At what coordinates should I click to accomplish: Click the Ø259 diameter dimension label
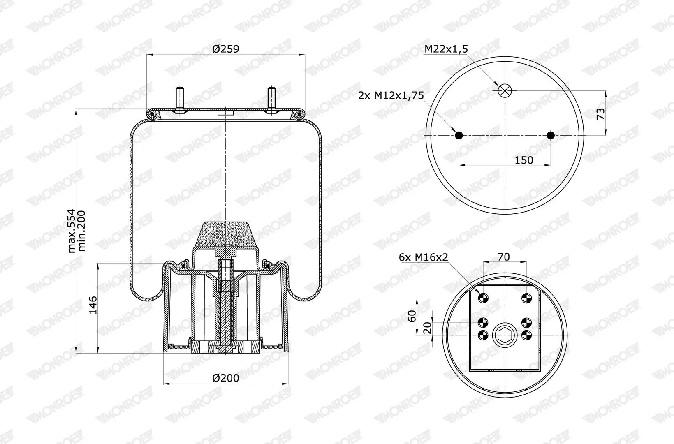(x=225, y=49)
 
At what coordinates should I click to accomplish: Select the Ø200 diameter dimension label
(x=225, y=378)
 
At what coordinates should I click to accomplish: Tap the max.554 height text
(x=71, y=231)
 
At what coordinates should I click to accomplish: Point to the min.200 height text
(x=81, y=231)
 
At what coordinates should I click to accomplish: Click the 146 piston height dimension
(x=93, y=305)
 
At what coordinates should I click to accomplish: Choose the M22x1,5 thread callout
(x=446, y=49)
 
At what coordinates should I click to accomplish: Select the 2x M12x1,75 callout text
(x=391, y=95)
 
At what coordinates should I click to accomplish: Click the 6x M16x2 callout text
(x=423, y=257)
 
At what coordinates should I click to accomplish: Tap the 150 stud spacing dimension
(x=524, y=160)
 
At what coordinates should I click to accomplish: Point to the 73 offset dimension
(x=600, y=114)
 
